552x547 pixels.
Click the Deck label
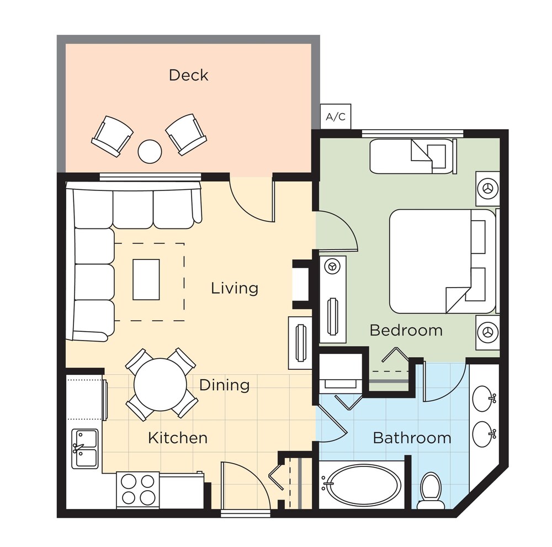(x=188, y=75)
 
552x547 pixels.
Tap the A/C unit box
(x=336, y=116)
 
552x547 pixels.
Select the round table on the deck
(x=150, y=151)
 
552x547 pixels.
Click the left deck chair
(x=112, y=136)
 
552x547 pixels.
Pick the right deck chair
(x=186, y=134)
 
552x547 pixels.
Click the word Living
(x=235, y=288)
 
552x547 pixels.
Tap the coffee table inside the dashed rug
(x=146, y=279)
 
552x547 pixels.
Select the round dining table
(x=161, y=384)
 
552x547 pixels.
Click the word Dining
(x=225, y=385)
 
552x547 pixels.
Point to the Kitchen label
(x=178, y=438)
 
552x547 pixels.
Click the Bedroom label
(x=406, y=330)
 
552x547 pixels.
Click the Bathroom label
(x=412, y=438)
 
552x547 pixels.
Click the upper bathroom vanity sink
(x=484, y=399)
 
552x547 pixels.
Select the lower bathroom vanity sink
(x=484, y=434)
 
